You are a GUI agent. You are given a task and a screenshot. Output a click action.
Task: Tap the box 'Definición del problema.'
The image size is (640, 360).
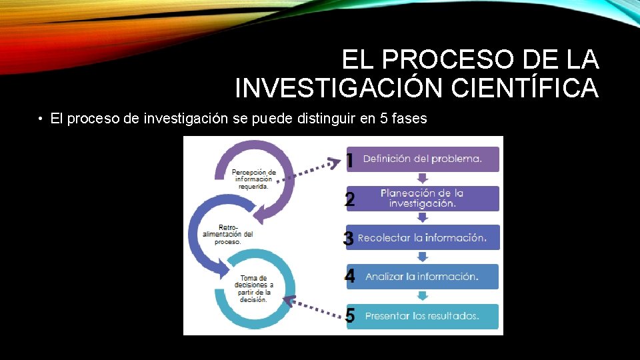423,159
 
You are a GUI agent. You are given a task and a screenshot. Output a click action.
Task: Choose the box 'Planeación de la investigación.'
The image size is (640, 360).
423,198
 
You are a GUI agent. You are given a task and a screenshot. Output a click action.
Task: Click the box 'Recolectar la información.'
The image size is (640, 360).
423,237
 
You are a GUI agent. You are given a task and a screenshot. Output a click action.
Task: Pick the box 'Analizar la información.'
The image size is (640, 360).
423,276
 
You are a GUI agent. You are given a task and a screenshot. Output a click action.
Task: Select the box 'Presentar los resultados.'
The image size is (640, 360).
423,316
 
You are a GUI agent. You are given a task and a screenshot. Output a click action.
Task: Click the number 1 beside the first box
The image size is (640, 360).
349,160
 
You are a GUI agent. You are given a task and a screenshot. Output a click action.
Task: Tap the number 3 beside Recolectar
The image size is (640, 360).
348,239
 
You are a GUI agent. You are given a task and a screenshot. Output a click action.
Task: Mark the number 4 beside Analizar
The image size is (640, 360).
350,277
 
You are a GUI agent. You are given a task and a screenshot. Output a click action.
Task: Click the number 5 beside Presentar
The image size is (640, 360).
350,316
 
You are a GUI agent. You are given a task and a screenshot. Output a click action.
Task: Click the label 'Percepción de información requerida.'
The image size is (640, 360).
253,179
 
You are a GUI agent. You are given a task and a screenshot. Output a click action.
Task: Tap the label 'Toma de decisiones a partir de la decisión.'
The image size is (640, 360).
253,289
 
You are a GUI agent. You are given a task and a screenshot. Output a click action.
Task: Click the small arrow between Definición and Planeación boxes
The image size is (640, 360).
422,178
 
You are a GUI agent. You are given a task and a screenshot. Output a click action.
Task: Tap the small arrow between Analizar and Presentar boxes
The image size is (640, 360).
422,296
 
